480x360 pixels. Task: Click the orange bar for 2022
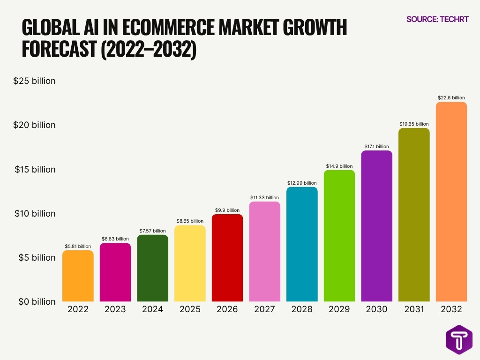(78, 276)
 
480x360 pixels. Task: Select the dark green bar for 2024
(152, 268)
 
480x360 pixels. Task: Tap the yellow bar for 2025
(190, 263)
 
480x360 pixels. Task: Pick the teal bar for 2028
(302, 244)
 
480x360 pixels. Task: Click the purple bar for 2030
(376, 226)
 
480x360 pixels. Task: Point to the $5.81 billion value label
(78, 246)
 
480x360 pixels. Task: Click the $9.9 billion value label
(227, 210)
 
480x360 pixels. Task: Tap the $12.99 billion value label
(302, 183)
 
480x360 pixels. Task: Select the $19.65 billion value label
(414, 124)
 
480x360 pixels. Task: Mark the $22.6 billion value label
(451, 97)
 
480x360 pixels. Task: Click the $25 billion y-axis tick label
(34, 81)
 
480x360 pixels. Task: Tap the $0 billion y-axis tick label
(37, 302)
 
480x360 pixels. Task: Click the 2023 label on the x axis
(115, 309)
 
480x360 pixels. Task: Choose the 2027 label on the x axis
(264, 309)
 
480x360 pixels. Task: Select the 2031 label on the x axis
(414, 309)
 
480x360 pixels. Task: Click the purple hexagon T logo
(459, 338)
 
